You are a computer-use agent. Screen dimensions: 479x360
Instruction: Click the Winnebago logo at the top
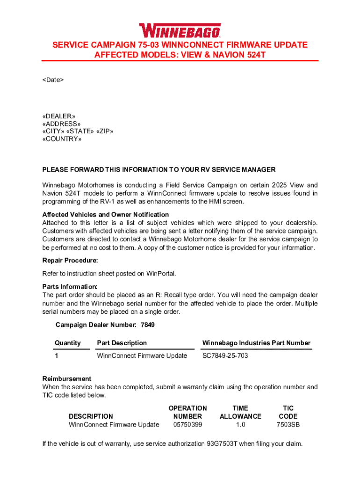tap(180, 30)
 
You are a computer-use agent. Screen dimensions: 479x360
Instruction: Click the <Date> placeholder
tap(53, 80)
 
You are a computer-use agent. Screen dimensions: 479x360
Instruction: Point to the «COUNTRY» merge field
tap(62, 139)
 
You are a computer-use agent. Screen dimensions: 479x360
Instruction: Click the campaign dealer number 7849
tap(148, 325)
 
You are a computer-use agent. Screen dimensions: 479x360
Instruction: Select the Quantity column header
tap(68, 343)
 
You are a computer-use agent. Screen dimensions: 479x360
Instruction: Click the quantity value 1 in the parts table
tap(57, 356)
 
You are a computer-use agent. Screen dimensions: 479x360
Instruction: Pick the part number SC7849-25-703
tap(225, 356)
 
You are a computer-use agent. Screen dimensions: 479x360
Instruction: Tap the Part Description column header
tap(122, 343)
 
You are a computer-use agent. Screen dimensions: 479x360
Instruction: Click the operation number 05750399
tap(187, 424)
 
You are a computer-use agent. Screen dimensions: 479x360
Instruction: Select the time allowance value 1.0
tap(240, 424)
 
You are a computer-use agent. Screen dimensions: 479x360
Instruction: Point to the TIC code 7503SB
tap(288, 424)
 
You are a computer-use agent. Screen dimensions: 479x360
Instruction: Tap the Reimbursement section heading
tap(67, 378)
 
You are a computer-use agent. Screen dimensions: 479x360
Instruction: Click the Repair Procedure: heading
tap(70, 261)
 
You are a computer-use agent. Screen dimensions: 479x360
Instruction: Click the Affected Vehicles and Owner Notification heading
tap(106, 214)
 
